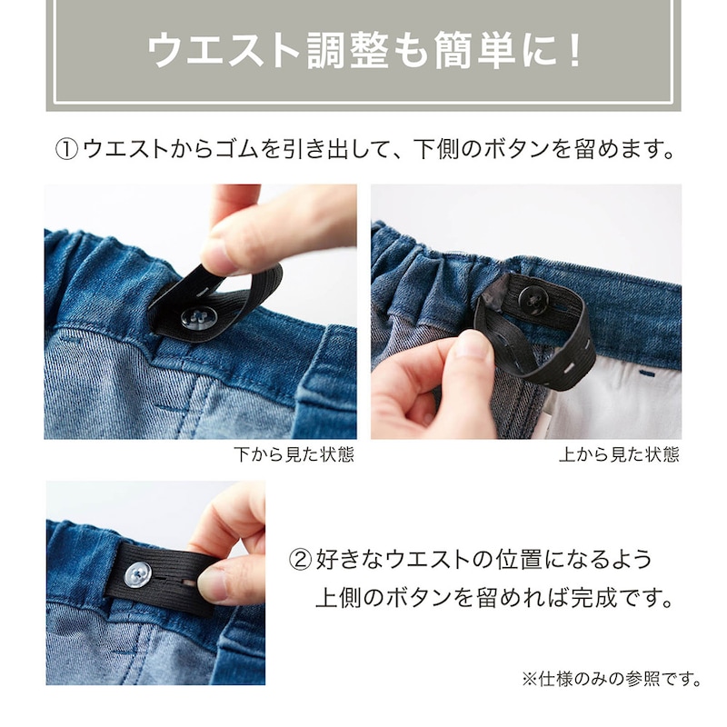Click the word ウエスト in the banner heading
pos(223,51)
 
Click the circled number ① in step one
pos(67,149)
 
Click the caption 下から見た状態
pos(294,454)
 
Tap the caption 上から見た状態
pos(619,454)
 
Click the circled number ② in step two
pos(300,560)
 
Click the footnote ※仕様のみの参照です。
pos(611,679)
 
